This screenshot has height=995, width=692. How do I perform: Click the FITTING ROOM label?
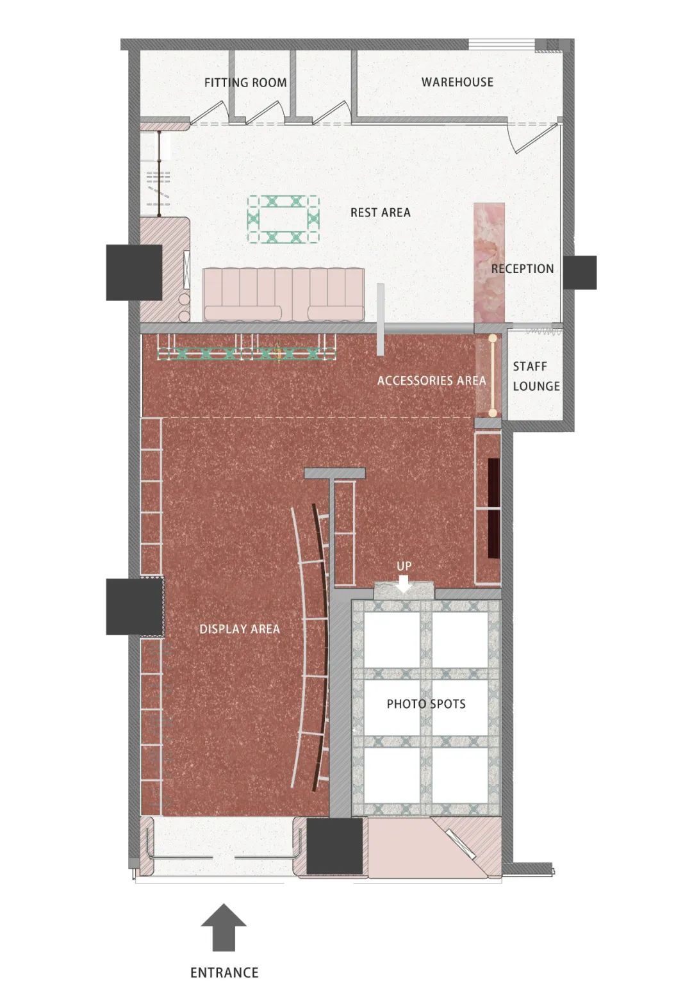[x=245, y=83]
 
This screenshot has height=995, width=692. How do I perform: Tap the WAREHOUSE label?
[x=457, y=82]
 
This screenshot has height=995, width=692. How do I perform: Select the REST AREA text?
[x=380, y=212]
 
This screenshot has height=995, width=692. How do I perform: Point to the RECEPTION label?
[x=522, y=268]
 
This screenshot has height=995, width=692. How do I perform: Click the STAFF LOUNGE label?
[x=536, y=376]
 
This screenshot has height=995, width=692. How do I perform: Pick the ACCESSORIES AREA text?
[x=431, y=381]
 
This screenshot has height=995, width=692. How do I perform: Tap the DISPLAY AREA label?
[x=240, y=629]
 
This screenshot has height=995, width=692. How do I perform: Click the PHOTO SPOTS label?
[x=426, y=703]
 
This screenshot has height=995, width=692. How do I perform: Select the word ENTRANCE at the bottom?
[x=224, y=973]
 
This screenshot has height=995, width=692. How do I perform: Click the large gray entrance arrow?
[x=224, y=927]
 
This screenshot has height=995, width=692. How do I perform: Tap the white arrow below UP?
[x=404, y=584]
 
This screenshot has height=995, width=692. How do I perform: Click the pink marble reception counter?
[x=489, y=263]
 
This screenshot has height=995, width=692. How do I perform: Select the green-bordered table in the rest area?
[x=283, y=220]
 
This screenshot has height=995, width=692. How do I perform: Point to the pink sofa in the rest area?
[x=283, y=294]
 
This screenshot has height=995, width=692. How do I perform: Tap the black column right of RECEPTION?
[x=580, y=272]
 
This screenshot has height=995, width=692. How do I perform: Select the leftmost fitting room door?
[x=209, y=114]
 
